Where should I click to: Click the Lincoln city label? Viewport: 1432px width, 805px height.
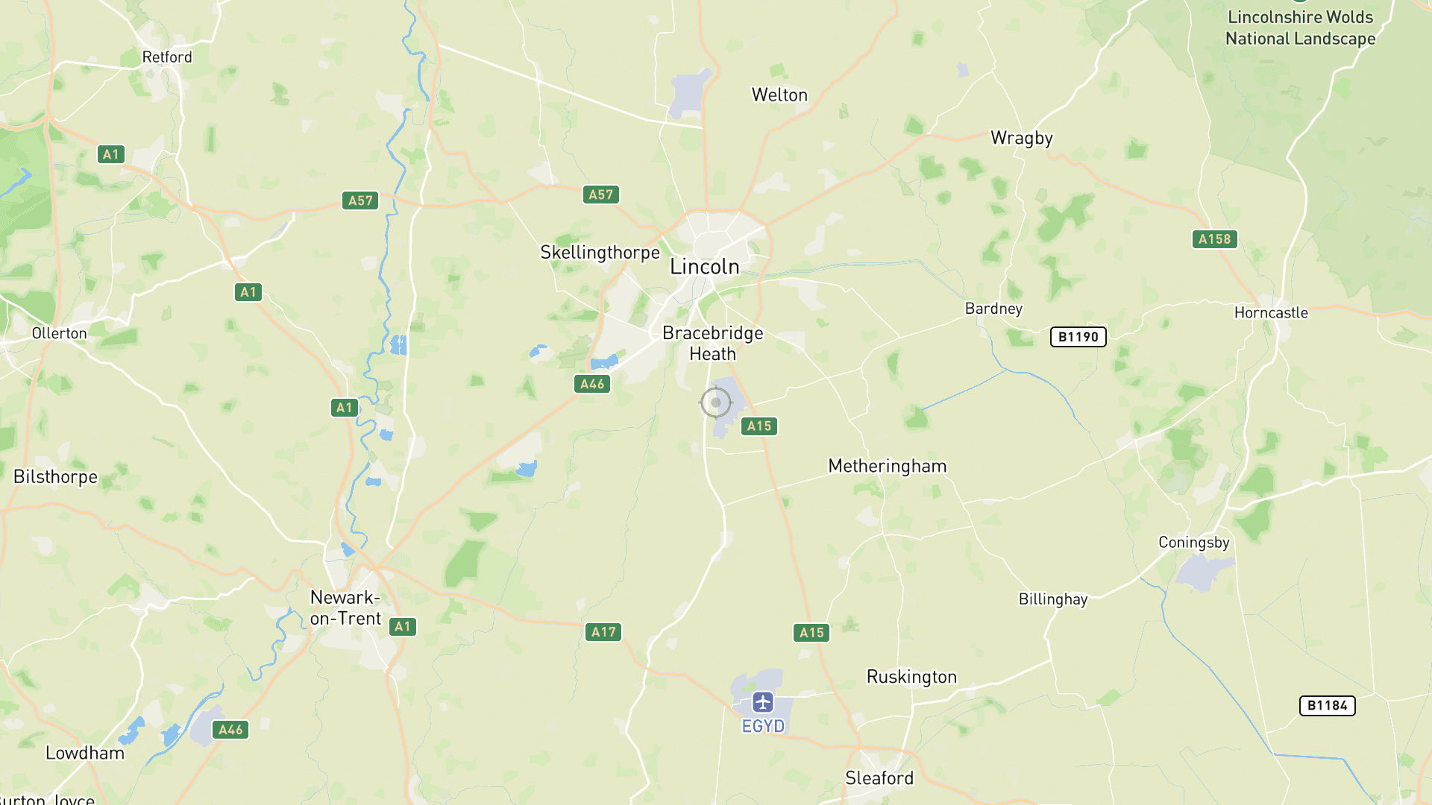704,267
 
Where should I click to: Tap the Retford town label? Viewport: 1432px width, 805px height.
167,57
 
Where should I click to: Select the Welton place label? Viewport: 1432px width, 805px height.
779,95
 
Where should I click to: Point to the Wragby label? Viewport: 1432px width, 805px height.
1021,138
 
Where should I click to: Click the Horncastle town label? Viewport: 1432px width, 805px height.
1271,313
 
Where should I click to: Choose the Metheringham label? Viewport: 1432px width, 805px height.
887,467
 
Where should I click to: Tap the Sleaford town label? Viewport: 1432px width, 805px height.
879,778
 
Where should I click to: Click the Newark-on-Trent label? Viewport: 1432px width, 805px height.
345,607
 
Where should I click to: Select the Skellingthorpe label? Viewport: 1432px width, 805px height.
600,253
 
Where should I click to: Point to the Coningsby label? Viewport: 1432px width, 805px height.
1193,543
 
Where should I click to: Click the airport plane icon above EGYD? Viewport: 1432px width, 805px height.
762,702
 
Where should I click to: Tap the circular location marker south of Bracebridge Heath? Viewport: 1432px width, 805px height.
716,402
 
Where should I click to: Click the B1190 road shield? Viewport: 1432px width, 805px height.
1078,337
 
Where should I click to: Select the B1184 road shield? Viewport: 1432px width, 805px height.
1327,706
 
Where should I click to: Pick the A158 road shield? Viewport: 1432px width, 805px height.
1214,239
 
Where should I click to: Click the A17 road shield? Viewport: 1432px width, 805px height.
603,632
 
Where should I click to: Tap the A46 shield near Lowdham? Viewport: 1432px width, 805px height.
230,730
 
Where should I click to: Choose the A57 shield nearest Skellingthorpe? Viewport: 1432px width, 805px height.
600,195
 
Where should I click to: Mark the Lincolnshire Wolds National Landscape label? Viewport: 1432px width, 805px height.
1300,28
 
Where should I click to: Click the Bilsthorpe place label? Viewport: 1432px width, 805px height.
55,477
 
